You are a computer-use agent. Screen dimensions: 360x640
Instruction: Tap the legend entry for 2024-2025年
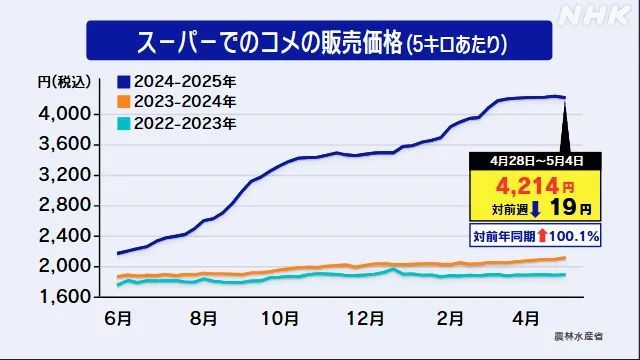[x=180, y=81]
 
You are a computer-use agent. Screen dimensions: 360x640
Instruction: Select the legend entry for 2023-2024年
[x=180, y=102]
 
